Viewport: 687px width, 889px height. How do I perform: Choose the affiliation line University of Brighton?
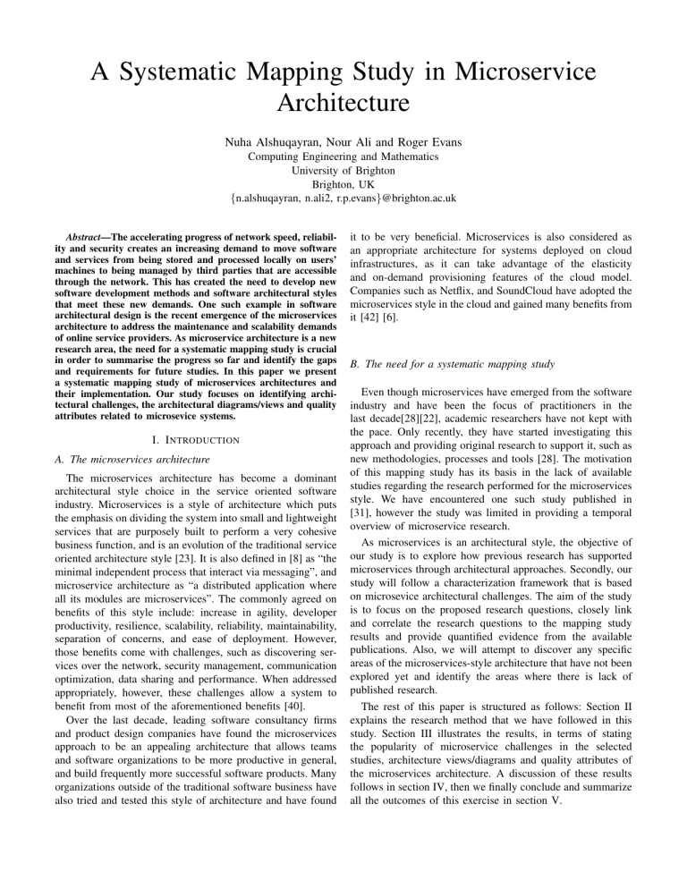click(x=343, y=173)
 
